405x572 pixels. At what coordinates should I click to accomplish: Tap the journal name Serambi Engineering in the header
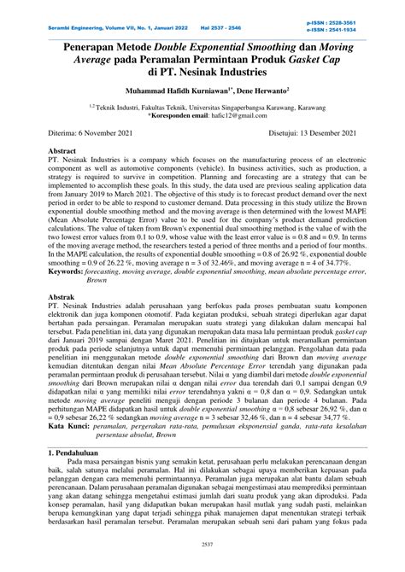80,17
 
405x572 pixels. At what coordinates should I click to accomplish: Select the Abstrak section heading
67,295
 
